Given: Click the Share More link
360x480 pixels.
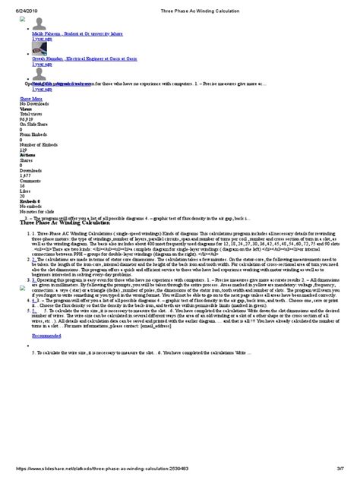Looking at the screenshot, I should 30,99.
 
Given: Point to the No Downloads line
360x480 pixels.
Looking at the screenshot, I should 34,103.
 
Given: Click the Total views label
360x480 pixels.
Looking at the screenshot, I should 31,114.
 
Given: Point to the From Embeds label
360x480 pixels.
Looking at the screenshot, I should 33,134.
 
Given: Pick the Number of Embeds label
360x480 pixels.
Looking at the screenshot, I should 38,145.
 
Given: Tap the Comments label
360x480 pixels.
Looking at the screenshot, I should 30,181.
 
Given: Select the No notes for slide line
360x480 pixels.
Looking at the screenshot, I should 38,212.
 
